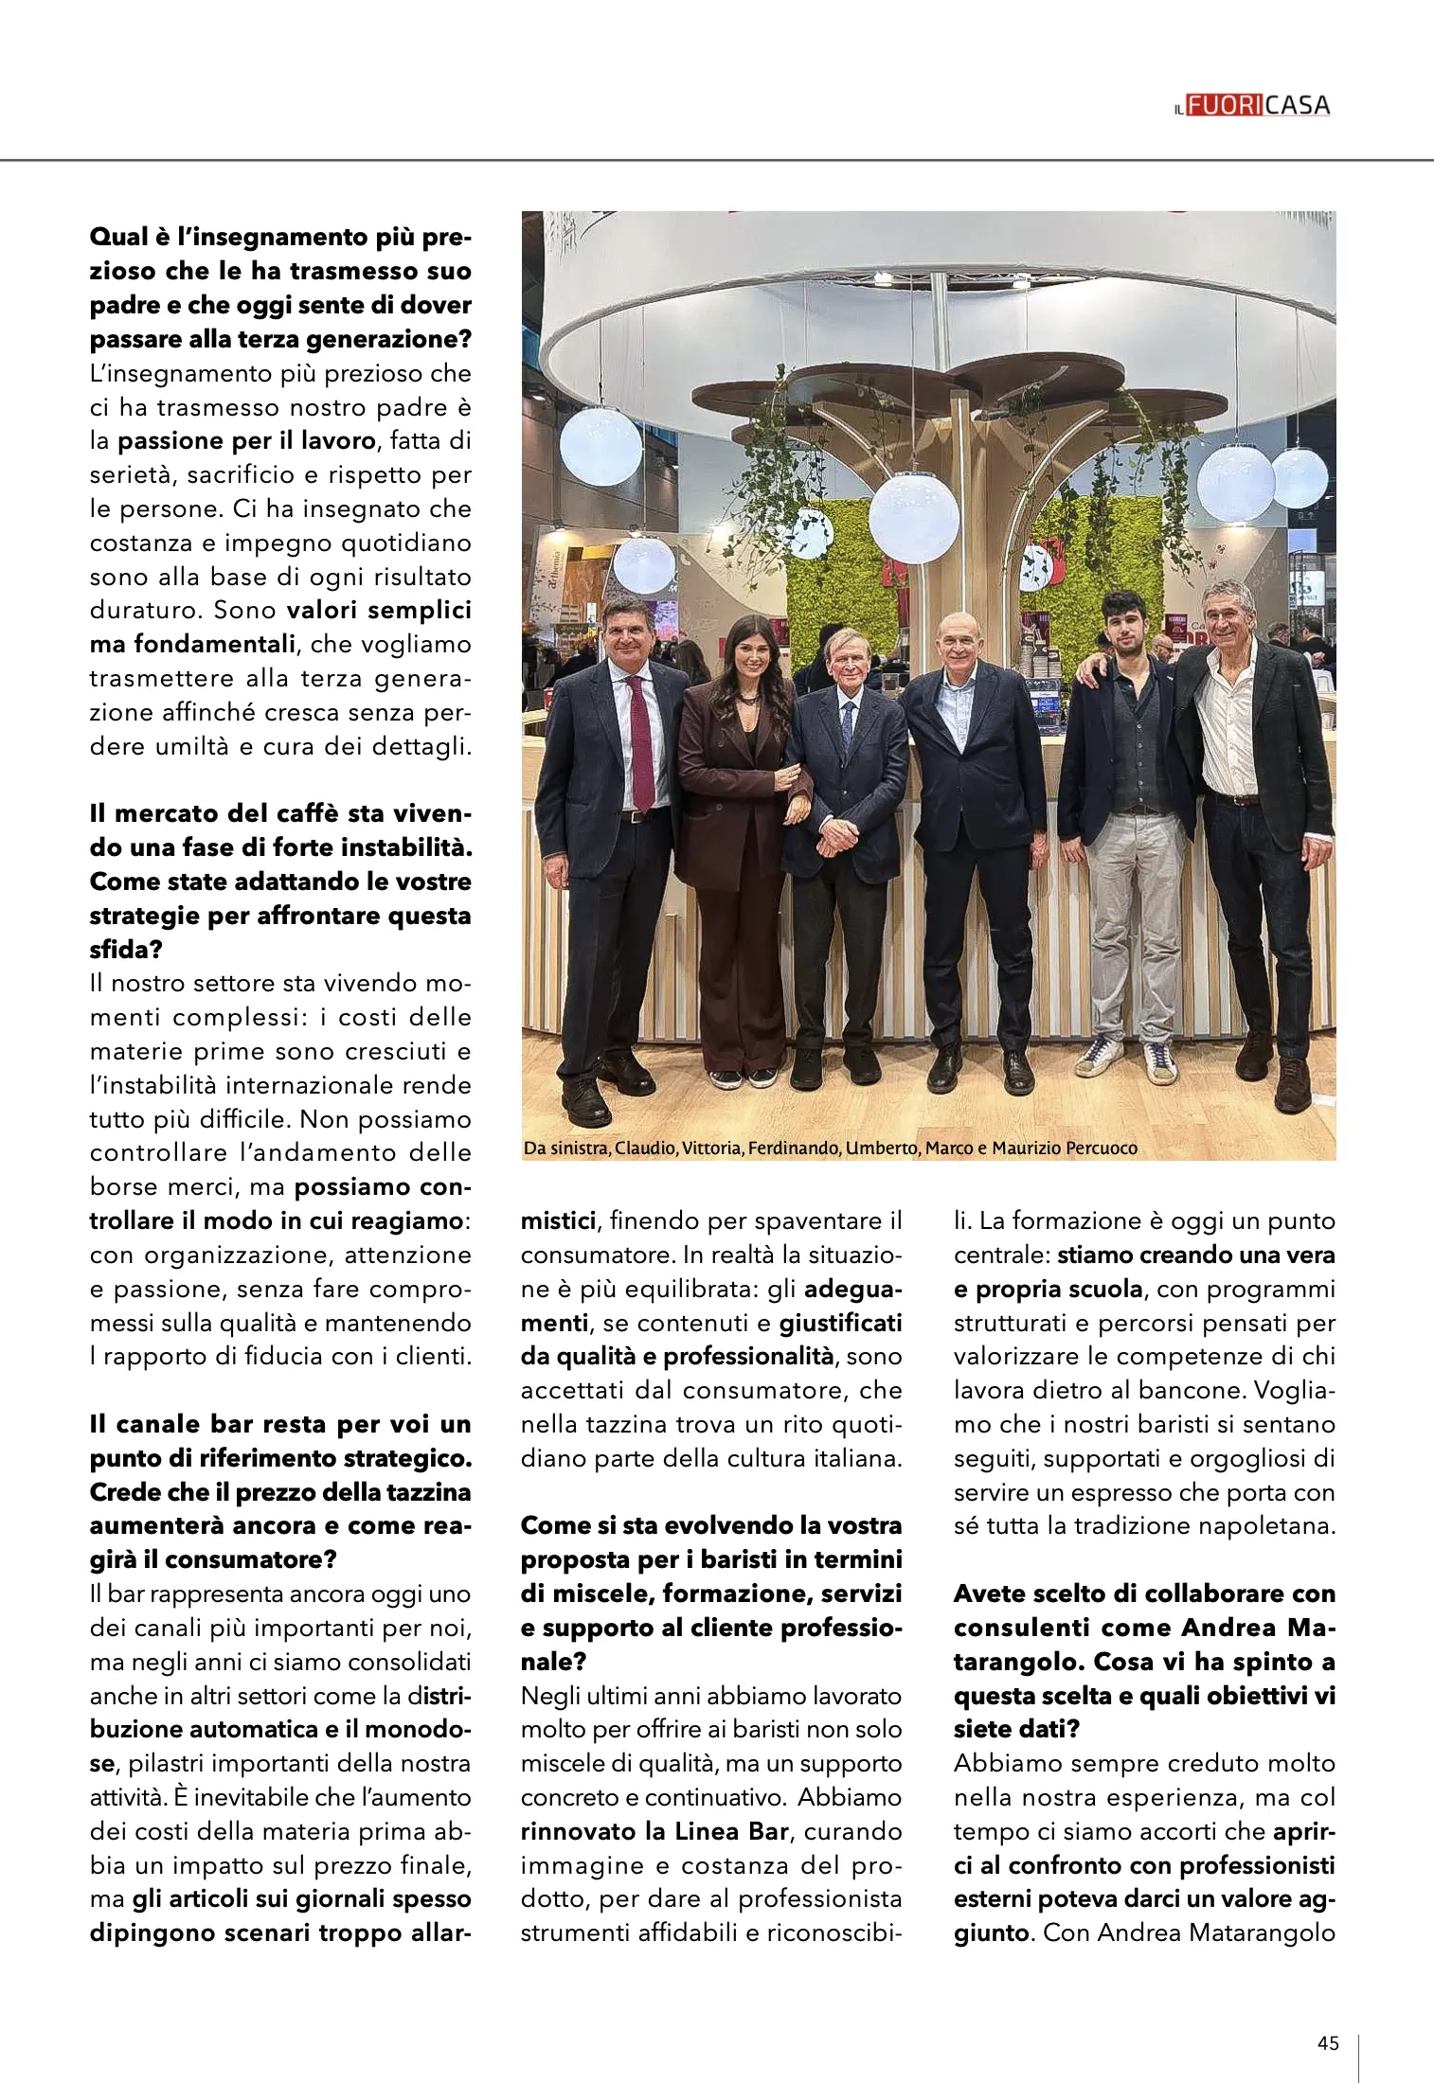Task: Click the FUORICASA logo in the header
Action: pos(1252,106)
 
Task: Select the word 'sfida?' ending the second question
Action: pos(120,949)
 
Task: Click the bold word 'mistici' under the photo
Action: pos(558,1220)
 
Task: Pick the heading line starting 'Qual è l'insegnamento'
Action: pos(280,237)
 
